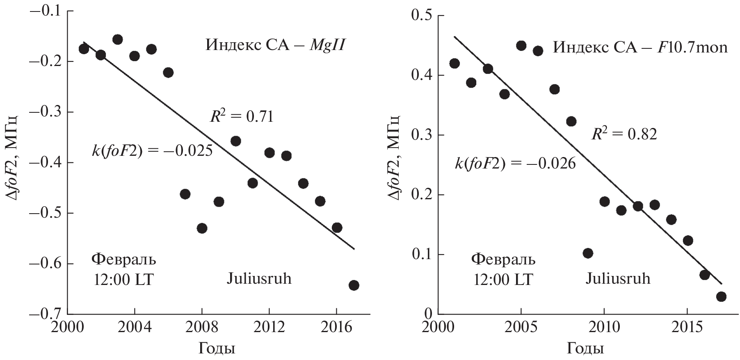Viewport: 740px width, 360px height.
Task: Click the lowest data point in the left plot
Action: coord(354,285)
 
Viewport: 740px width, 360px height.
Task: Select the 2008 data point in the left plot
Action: coord(202,228)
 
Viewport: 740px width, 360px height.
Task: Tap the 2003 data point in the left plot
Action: coord(117,39)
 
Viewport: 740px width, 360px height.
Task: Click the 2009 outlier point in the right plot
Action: coord(588,253)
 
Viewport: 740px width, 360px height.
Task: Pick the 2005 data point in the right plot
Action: coord(521,46)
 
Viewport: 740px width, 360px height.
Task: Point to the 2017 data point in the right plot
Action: coord(721,296)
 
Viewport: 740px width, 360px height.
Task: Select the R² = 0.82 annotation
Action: coord(624,134)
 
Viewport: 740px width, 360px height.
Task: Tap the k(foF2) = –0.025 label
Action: coord(152,151)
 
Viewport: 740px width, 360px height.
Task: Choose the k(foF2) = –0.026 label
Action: coord(515,164)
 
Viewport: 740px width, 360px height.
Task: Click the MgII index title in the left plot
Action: coord(274,45)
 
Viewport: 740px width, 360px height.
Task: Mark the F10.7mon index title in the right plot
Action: coord(640,48)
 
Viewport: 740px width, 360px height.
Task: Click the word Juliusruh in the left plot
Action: coord(259,279)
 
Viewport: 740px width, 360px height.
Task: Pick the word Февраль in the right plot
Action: coord(503,260)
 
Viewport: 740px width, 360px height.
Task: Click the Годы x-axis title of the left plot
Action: coord(217,349)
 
